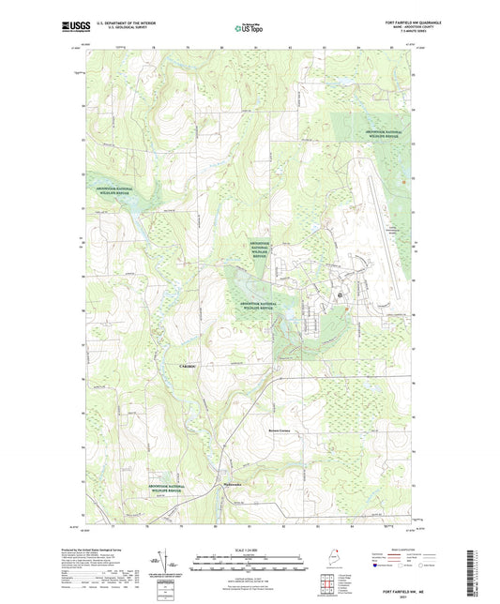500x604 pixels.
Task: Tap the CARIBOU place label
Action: point(187,364)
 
